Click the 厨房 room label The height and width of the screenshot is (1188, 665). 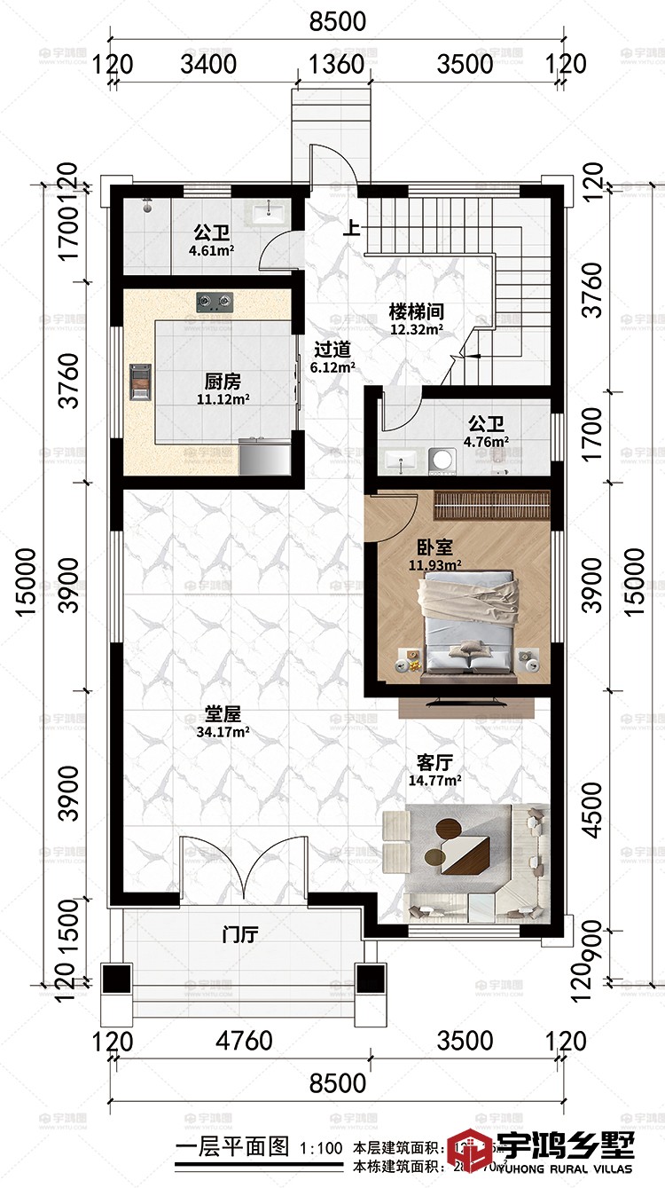223,382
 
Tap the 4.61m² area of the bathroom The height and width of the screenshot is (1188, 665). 212,251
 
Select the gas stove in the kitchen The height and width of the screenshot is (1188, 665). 214,303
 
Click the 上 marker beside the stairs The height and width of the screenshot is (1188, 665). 353,228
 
